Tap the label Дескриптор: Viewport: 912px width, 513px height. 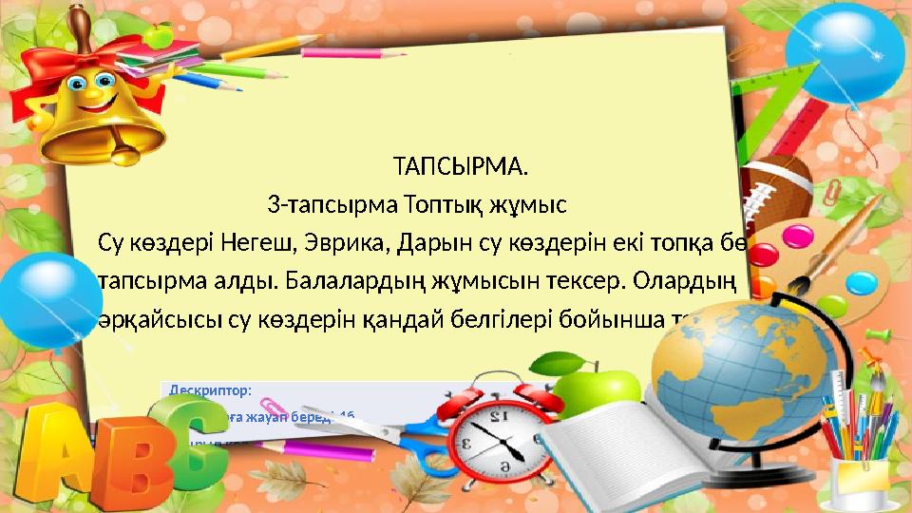coord(211,389)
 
